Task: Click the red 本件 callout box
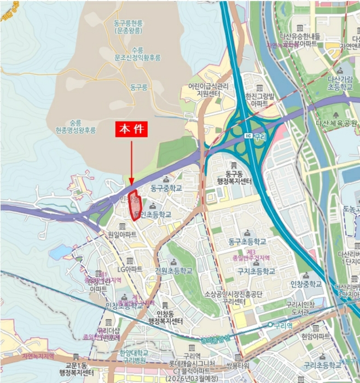(x=132, y=130)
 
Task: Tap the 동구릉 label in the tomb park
(x=139, y=86)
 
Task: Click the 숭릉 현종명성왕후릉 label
(x=76, y=127)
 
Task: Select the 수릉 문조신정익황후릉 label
(x=137, y=53)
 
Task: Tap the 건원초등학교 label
(x=173, y=271)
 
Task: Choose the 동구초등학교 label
(x=247, y=241)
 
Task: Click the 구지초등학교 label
(x=256, y=271)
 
